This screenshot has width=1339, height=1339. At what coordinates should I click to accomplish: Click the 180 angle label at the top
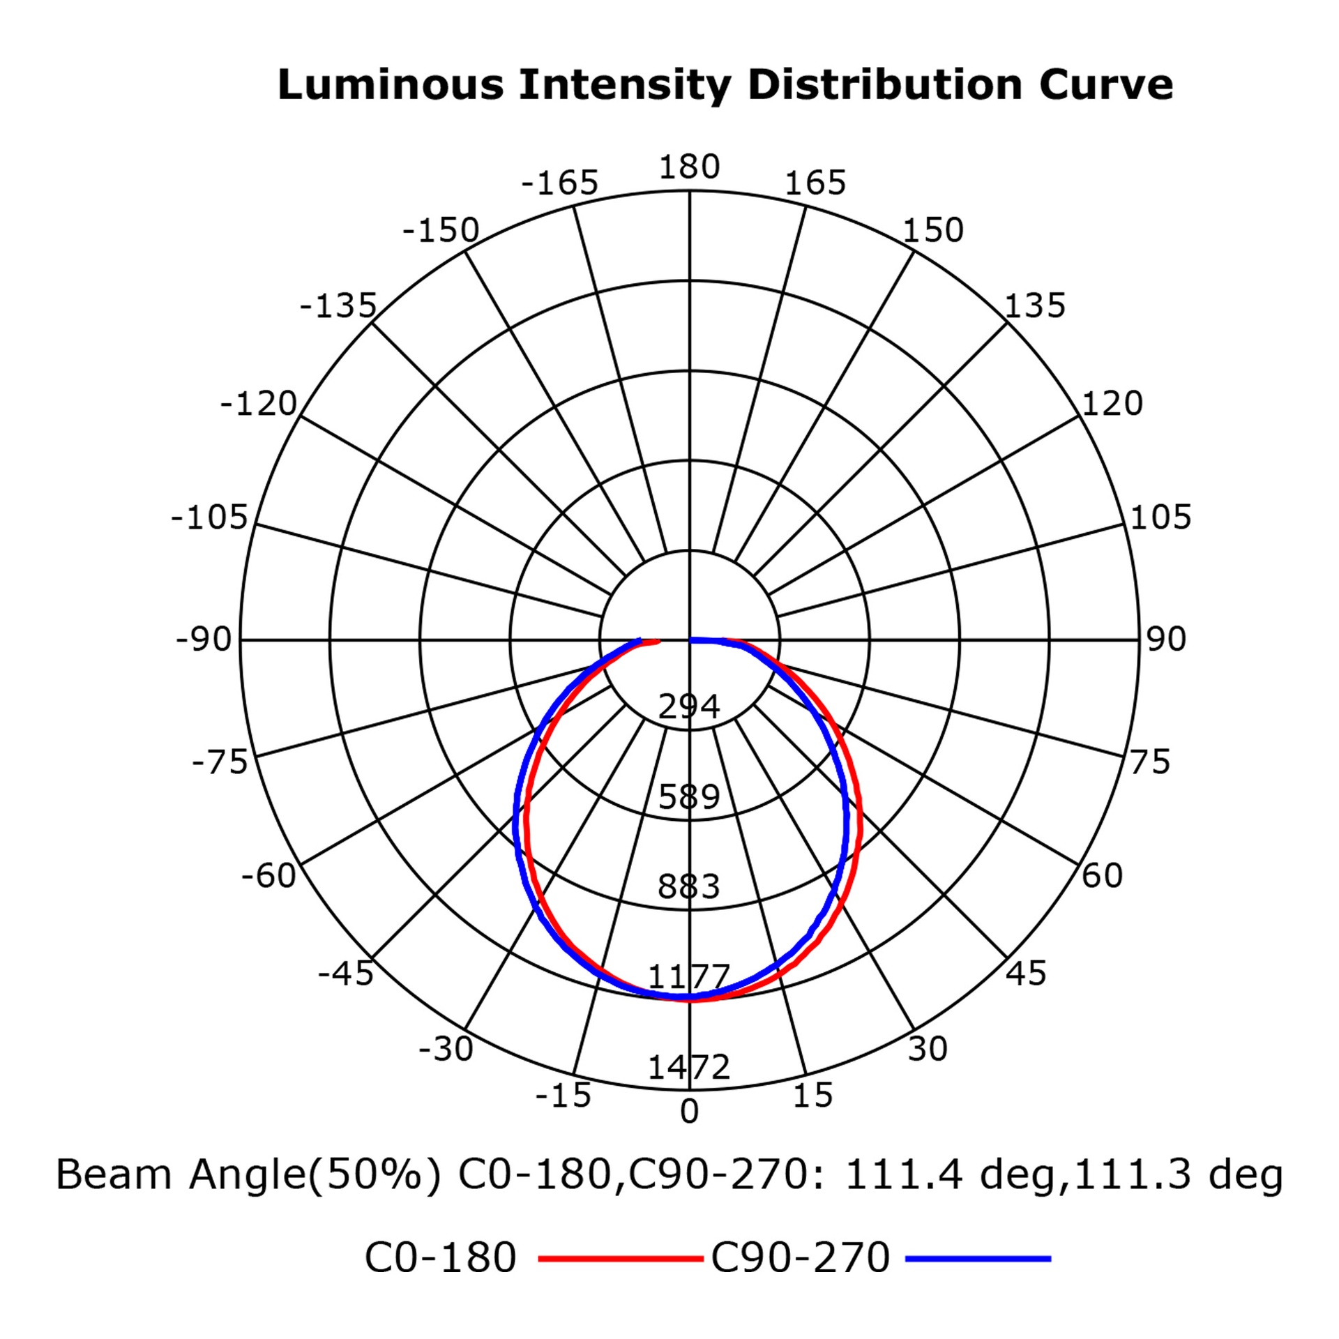pyautogui.click(x=689, y=167)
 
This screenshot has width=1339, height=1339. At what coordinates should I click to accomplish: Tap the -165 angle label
pyautogui.click(x=559, y=183)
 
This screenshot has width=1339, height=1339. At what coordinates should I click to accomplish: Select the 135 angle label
pyautogui.click(x=1035, y=305)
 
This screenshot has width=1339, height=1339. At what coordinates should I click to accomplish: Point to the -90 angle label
pyautogui.click(x=203, y=640)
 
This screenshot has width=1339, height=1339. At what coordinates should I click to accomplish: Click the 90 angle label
pyautogui.click(x=1166, y=640)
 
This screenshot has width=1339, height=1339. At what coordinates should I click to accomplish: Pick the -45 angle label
pyautogui.click(x=345, y=974)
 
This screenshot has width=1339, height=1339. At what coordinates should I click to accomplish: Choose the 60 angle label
pyautogui.click(x=1102, y=875)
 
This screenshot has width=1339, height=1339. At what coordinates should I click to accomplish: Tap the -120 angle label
pyautogui.click(x=259, y=404)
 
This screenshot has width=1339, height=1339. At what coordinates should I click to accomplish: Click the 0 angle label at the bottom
pyautogui.click(x=689, y=1112)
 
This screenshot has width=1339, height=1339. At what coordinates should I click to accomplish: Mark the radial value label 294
pyautogui.click(x=689, y=707)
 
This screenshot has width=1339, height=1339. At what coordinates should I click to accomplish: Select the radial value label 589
pyautogui.click(x=689, y=796)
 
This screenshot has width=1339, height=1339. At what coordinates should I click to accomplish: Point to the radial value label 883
pyautogui.click(x=689, y=886)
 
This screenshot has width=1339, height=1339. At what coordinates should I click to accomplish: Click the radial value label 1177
pyautogui.click(x=689, y=976)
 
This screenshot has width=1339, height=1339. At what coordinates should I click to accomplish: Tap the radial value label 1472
pyautogui.click(x=689, y=1067)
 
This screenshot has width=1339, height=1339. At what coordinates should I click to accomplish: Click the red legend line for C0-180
pyautogui.click(x=621, y=1259)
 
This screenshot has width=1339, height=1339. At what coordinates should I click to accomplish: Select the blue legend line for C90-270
pyautogui.click(x=978, y=1259)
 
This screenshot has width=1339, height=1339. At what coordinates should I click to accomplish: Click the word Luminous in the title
pyautogui.click(x=391, y=85)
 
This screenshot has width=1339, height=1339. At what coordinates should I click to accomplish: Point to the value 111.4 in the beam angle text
pyautogui.click(x=903, y=1174)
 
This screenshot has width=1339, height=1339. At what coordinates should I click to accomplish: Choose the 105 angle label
pyautogui.click(x=1160, y=517)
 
